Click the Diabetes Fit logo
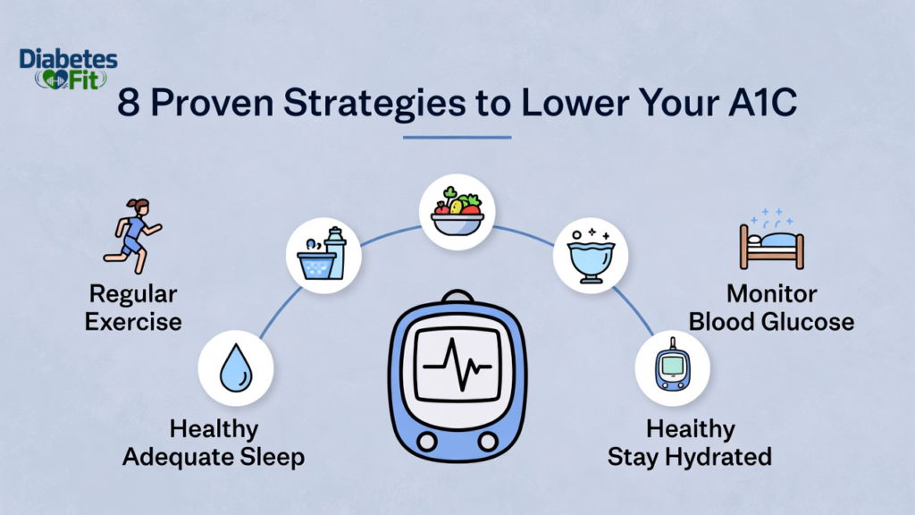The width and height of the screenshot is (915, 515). [68, 69]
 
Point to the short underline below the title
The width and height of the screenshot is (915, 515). [457, 137]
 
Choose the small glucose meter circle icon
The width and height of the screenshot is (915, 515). [672, 367]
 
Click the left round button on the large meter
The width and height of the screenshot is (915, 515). [426, 442]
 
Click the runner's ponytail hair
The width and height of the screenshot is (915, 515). [128, 204]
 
